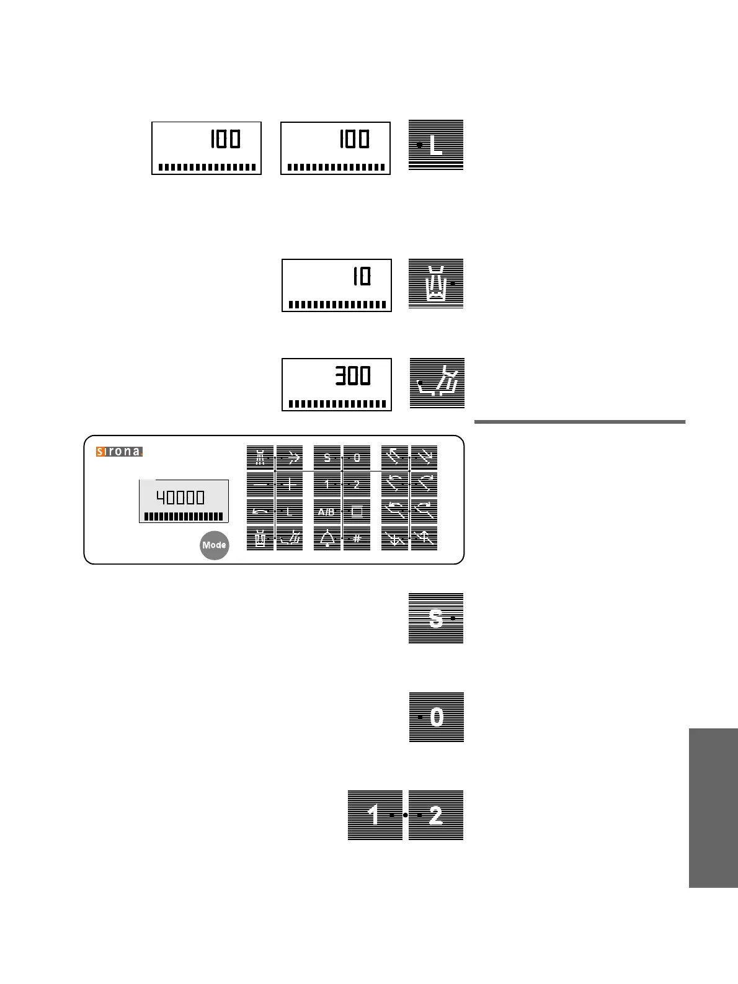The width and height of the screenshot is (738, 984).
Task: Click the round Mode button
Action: tap(214, 545)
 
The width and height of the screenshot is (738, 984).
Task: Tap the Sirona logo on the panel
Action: tap(119, 452)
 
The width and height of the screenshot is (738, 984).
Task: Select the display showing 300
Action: tap(337, 384)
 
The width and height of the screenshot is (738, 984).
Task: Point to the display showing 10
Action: tap(337, 285)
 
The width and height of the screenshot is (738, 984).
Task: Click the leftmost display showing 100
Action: tap(207, 148)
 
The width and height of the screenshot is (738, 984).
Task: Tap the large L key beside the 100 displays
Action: tap(436, 145)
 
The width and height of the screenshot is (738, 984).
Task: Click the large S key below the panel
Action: tap(436, 618)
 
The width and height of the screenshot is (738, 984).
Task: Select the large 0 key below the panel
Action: tap(436, 717)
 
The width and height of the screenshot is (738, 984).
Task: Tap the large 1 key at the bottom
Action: tap(375, 815)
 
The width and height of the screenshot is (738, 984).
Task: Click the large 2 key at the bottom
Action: tap(436, 815)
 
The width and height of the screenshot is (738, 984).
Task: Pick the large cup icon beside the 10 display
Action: tap(436, 284)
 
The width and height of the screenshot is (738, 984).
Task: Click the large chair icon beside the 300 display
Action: tap(437, 383)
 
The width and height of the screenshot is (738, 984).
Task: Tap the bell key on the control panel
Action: tap(327, 538)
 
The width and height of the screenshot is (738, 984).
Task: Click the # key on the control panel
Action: tap(357, 538)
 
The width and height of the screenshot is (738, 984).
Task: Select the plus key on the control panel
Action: tap(290, 485)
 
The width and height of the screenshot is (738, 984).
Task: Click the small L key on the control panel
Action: tap(290, 512)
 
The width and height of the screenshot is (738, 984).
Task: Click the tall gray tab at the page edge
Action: tap(713, 808)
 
